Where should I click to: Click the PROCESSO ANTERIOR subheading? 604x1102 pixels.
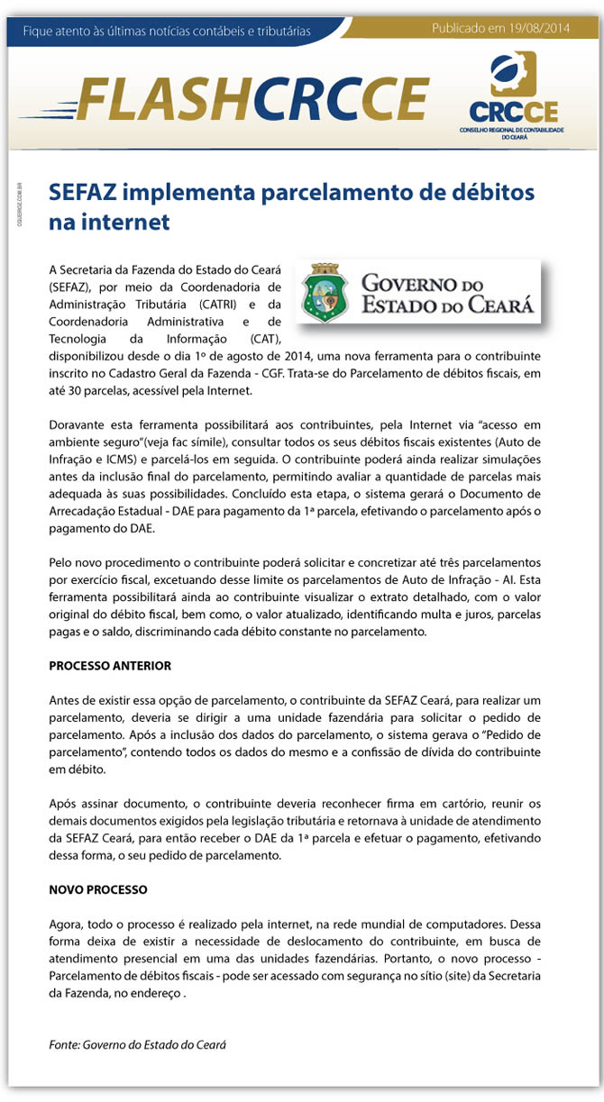[110, 666]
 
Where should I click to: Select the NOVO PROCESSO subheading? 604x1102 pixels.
[98, 889]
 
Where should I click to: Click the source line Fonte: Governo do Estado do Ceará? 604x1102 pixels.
[137, 1045]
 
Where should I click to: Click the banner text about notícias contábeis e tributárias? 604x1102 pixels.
[167, 32]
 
